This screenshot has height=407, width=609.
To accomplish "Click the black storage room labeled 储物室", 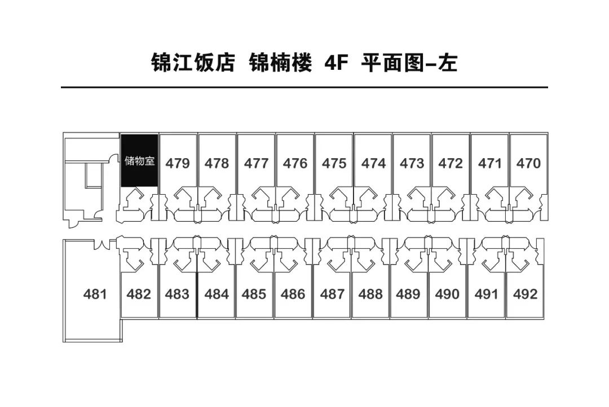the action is [139, 160].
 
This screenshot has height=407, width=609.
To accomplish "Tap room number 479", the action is [178, 163].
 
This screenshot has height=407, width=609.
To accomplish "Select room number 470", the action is [528, 163].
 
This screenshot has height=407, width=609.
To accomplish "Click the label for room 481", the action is [95, 294].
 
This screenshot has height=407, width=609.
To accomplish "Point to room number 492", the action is [525, 294].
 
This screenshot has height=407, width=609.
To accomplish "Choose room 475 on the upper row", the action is [334, 163].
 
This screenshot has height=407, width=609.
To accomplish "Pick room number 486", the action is [293, 294].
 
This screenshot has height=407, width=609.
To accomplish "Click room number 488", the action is [370, 294].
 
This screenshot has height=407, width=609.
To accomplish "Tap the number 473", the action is [412, 163].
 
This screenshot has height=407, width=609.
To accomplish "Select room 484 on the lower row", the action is [217, 294].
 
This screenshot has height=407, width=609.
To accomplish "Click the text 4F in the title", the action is [336, 62].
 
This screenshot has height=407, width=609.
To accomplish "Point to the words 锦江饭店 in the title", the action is [193, 62].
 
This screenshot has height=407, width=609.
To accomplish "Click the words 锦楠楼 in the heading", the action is [280, 62].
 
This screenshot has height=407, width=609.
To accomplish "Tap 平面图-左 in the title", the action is [409, 62].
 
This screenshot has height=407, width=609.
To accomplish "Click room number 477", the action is [257, 163].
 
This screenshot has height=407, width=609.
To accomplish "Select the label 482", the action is [139, 294].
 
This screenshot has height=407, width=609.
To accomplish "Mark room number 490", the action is [447, 294].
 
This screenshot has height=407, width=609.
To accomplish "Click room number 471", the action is [490, 163].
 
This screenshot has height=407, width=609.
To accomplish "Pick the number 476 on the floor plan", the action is [295, 163].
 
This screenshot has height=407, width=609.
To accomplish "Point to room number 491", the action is [486, 294].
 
